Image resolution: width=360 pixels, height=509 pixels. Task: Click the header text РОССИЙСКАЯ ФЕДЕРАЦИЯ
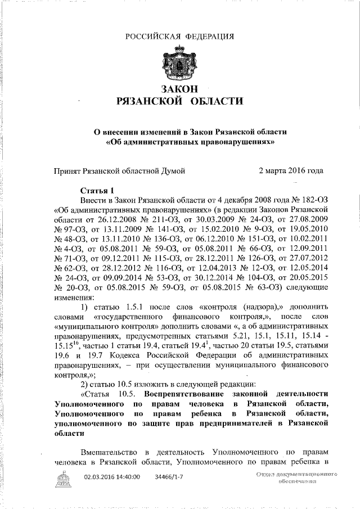tap(179, 37)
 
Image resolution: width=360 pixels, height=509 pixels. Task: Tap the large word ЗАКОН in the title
tap(180, 89)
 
